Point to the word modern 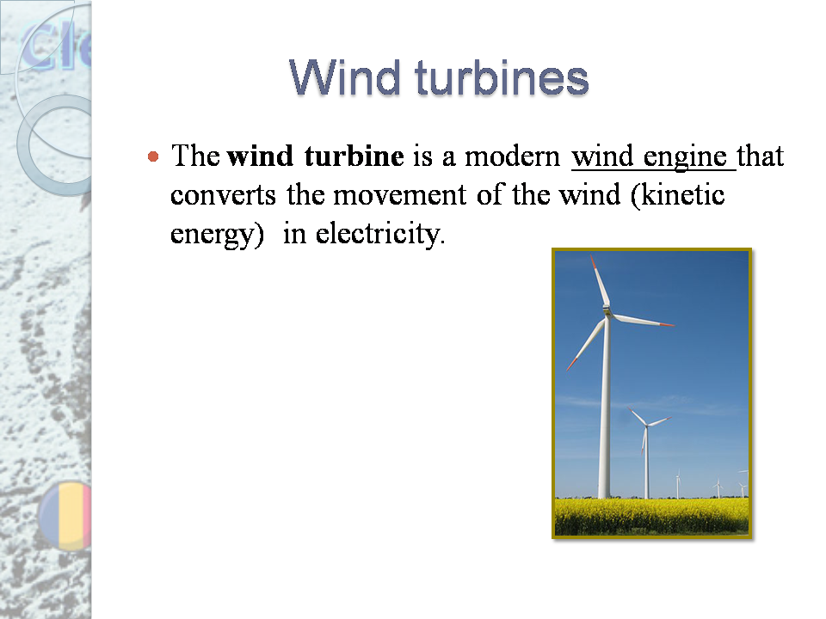tap(515, 157)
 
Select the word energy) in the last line tap(216, 234)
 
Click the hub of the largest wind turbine tap(607, 315)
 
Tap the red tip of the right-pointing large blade tap(666, 325)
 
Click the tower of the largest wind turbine tap(606, 413)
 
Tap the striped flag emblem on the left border tap(72, 515)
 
